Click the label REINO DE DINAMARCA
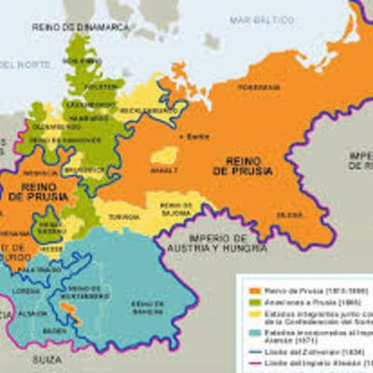point(81,29)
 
